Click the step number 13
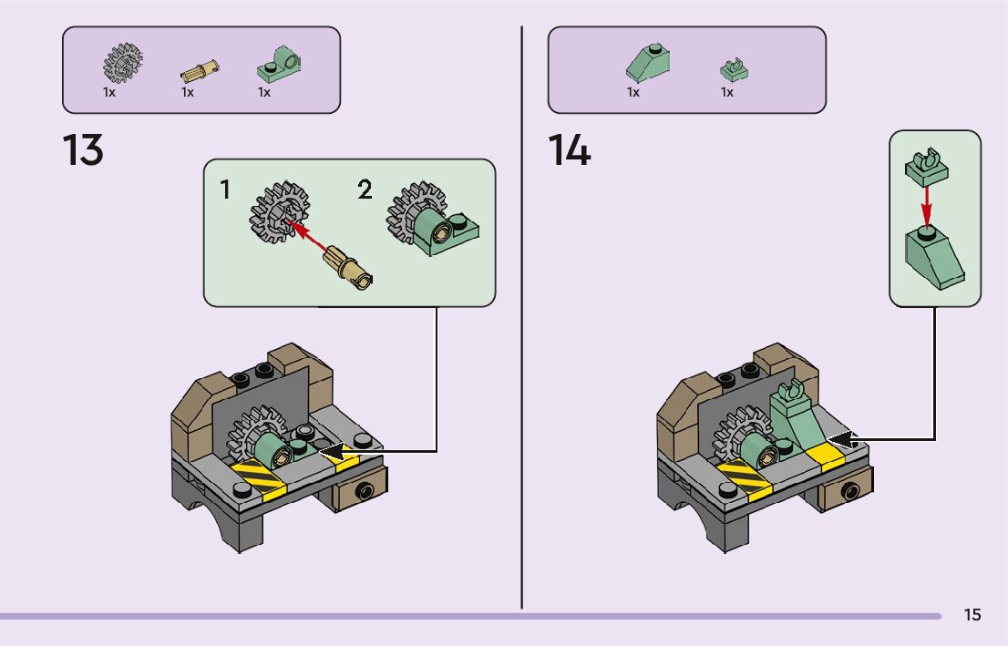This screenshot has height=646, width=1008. pos(83,150)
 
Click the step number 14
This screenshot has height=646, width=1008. pos(570,150)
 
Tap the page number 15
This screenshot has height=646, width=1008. pos(972,615)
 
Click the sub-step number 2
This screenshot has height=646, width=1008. pos(365,190)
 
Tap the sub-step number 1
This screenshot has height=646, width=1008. pos(224,190)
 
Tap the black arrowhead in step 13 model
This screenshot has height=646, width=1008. pos(328,450)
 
